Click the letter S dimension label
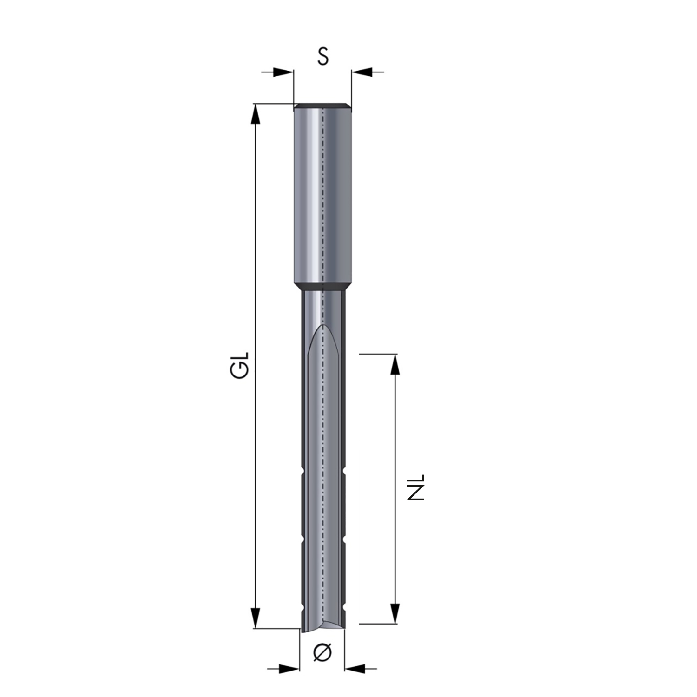click(x=323, y=56)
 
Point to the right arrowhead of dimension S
click(x=362, y=72)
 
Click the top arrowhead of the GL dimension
click(x=255, y=114)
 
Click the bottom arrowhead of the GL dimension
click(x=255, y=618)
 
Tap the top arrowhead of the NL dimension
click(x=395, y=364)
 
